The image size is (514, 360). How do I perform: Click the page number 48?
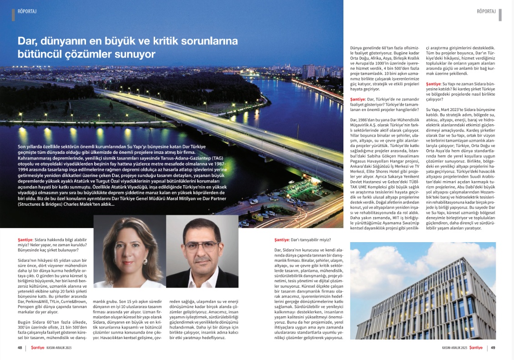(x=20, y=348)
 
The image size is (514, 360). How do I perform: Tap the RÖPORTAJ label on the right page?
(x=486, y=10)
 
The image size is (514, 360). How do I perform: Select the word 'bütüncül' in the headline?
(x=37, y=54)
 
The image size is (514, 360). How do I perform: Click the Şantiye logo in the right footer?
(x=476, y=348)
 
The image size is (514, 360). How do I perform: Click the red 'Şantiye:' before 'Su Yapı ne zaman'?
(x=436, y=84)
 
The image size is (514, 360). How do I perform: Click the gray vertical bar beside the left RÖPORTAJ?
(x=14, y=15)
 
